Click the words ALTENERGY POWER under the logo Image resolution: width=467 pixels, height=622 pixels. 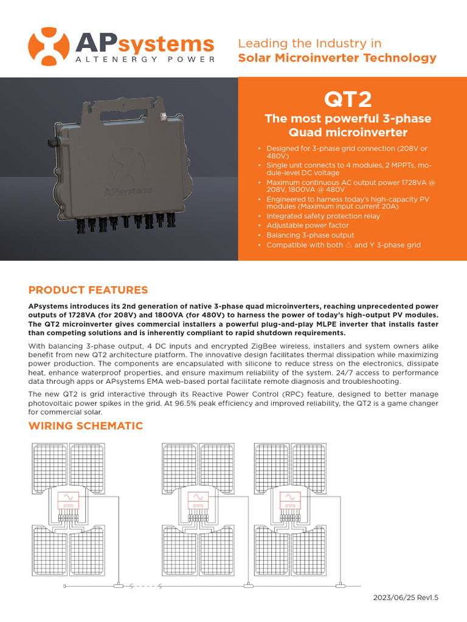pos(145,60)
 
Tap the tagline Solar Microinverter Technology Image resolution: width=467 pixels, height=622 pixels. pos(337,58)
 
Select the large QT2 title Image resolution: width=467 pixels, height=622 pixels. pos(348,99)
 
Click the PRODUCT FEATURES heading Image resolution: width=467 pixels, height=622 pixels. pos(88,290)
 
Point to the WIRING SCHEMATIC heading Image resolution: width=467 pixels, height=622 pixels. pos(86,426)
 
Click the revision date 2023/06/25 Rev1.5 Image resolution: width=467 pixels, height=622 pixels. pos(405,598)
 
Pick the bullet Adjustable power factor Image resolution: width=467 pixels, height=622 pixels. pos(305,225)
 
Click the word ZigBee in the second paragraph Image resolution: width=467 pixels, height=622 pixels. pos(230,346)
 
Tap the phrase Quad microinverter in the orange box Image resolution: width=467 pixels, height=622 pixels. pos(348,132)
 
